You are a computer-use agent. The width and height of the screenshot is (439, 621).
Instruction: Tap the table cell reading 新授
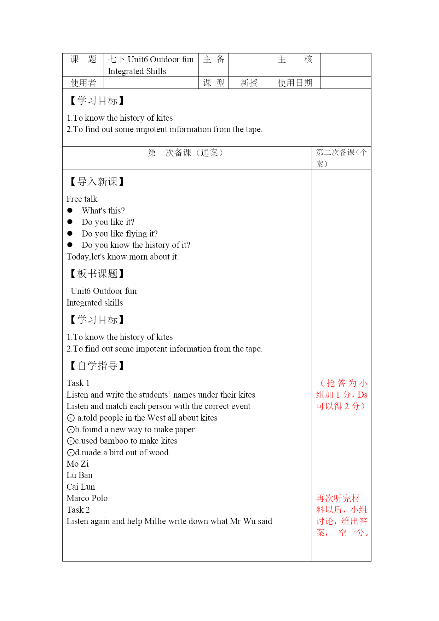click(x=249, y=83)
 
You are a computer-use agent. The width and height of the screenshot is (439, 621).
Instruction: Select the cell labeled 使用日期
click(x=295, y=83)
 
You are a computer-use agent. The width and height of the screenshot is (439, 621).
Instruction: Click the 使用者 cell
click(x=83, y=83)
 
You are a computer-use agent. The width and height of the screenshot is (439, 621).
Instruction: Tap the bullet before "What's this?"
click(x=70, y=211)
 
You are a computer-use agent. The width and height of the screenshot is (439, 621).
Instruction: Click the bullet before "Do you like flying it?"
click(x=70, y=234)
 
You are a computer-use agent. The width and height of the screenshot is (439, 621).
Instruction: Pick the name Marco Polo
click(x=87, y=498)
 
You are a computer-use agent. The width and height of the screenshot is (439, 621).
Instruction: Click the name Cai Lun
click(x=81, y=487)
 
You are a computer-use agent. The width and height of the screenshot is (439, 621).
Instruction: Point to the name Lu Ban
click(x=80, y=475)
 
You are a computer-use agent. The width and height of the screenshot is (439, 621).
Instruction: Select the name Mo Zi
click(x=78, y=464)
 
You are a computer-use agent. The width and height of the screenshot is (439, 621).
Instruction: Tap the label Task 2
click(x=78, y=510)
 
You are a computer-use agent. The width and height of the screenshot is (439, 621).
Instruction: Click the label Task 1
click(x=78, y=383)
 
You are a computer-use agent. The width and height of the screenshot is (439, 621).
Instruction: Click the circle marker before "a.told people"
click(x=71, y=418)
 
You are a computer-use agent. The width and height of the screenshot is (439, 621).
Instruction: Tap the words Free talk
click(x=82, y=199)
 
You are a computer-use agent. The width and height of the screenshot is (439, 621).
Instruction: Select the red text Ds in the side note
click(x=363, y=395)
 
